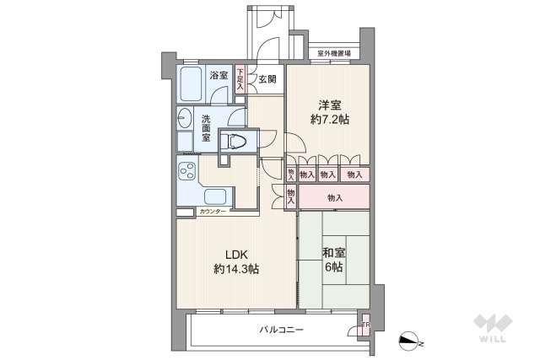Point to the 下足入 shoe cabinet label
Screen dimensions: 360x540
click(240, 78)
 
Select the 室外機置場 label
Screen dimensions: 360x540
click(336, 55)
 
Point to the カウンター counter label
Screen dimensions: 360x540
click(213, 212)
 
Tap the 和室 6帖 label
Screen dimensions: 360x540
click(332, 258)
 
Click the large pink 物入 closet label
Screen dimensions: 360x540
click(335, 198)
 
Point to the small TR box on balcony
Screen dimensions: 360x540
click(365, 325)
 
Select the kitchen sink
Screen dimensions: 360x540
click(186, 199)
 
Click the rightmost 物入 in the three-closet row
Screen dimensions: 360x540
click(354, 175)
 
